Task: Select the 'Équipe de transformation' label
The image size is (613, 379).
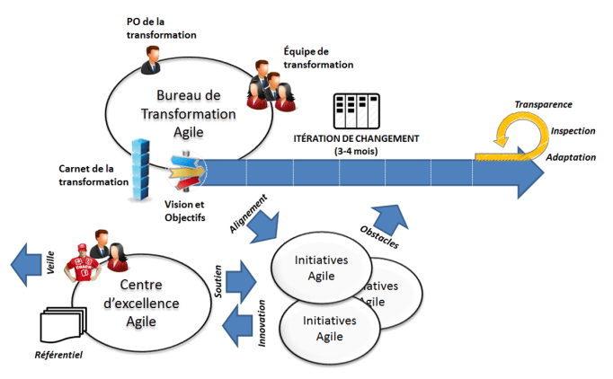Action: pos(316,57)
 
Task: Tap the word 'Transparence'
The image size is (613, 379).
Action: pos(543,104)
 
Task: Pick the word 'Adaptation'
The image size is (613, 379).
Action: pos(570,157)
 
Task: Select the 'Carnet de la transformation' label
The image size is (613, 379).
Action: pos(93,175)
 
